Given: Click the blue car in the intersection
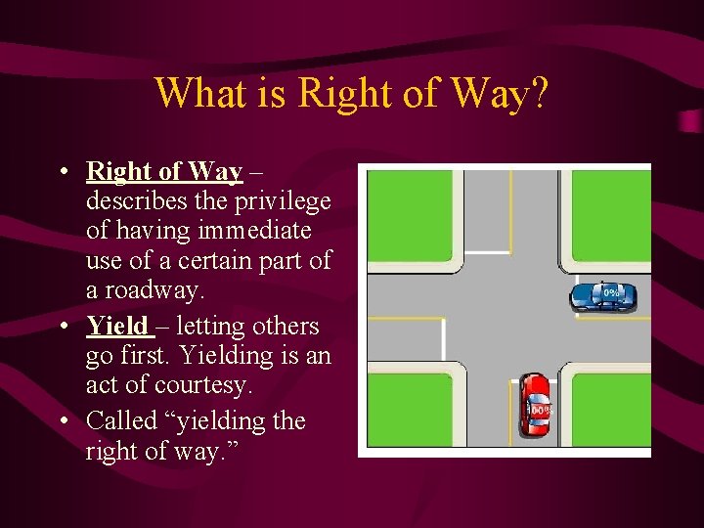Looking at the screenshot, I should [602, 295].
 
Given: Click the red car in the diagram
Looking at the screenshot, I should [534, 403].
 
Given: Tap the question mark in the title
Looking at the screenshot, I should [538, 94].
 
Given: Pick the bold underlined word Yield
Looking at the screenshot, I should [117, 326].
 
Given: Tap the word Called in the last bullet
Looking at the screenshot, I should [122, 420].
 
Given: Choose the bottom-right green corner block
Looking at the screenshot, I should [611, 410].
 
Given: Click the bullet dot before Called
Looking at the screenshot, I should [64, 421].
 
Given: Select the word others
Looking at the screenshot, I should [285, 326].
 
